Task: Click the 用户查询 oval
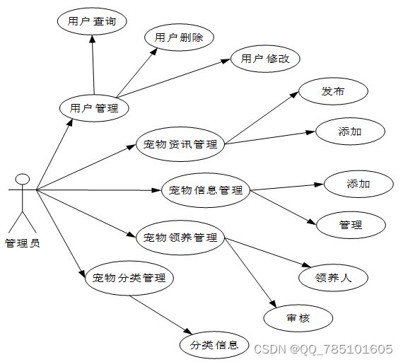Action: pos(92,21)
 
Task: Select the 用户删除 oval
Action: pos(179,37)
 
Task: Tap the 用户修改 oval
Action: pos(265,59)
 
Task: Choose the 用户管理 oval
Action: pos(94,108)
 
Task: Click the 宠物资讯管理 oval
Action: pos(180,144)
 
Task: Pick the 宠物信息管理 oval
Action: pos(206,190)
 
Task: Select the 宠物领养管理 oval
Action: pos(180,238)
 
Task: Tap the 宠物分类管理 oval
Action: pos(129,278)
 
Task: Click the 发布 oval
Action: pos(333,91)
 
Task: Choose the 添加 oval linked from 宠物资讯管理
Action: pos(350,132)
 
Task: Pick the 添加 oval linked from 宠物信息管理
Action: pos(358,184)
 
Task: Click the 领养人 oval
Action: pos(333,278)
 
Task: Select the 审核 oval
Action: pos(298,318)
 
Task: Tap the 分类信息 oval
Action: pos(214,345)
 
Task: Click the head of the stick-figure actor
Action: pos(23,179)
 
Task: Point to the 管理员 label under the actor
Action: pos(23,243)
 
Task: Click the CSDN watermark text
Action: pos(323,349)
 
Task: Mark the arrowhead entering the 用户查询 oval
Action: pos(93,39)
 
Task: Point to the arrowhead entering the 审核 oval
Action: pos(274,305)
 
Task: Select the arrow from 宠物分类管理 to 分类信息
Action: pos(161,315)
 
